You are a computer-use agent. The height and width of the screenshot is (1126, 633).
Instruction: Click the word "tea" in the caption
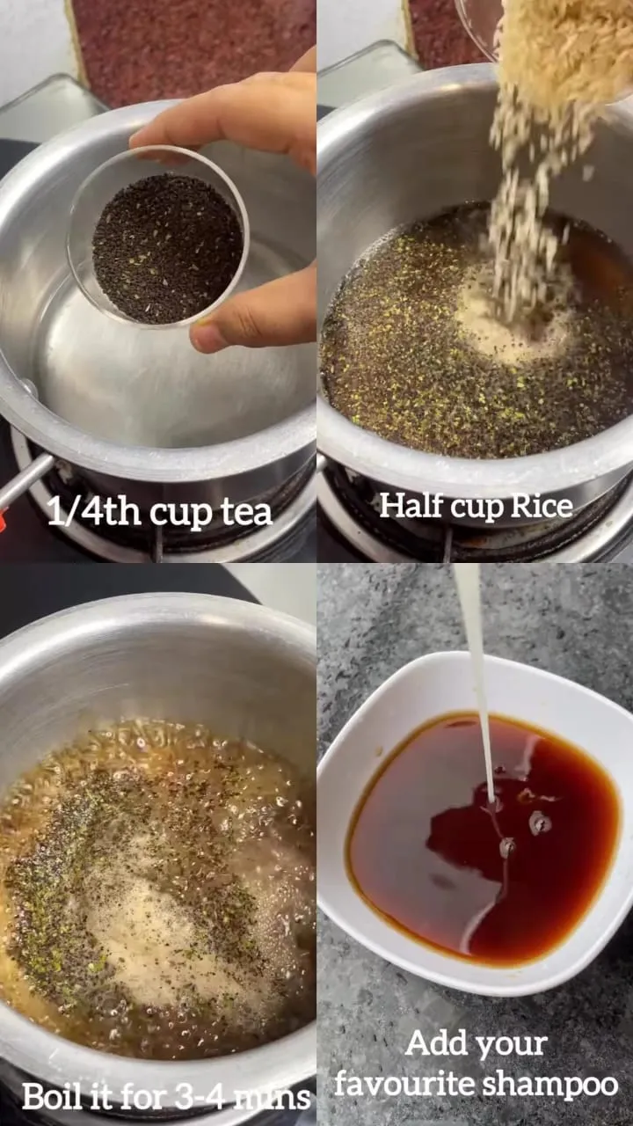(x=244, y=513)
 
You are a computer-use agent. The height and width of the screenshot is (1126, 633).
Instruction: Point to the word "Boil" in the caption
(x=50, y=1096)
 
